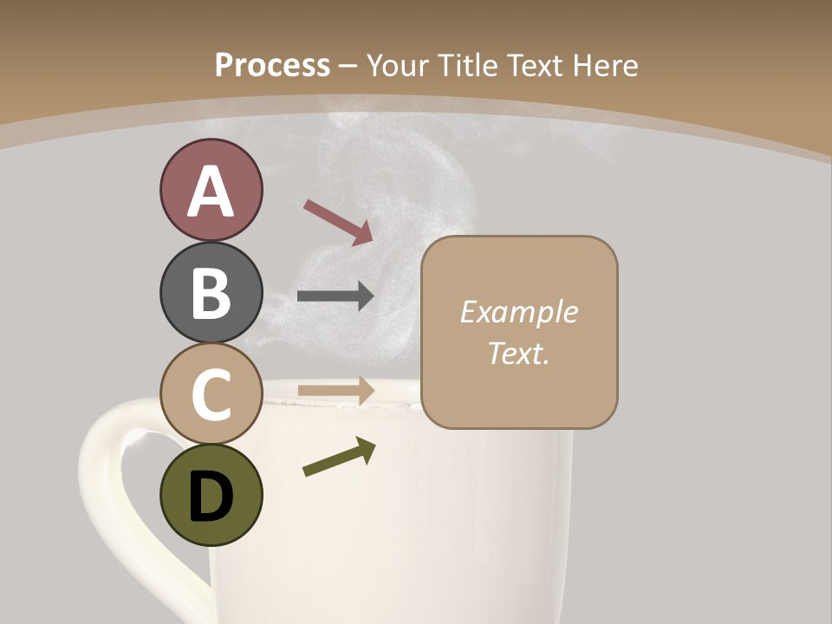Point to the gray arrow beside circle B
point(335,296)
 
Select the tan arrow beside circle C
point(335,390)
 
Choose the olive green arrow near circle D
point(339,457)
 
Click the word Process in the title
point(272,65)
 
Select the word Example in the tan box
point(518,312)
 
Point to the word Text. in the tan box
point(518,353)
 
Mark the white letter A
point(211,192)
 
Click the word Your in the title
point(397,65)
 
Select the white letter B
point(211,293)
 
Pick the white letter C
point(211,395)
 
